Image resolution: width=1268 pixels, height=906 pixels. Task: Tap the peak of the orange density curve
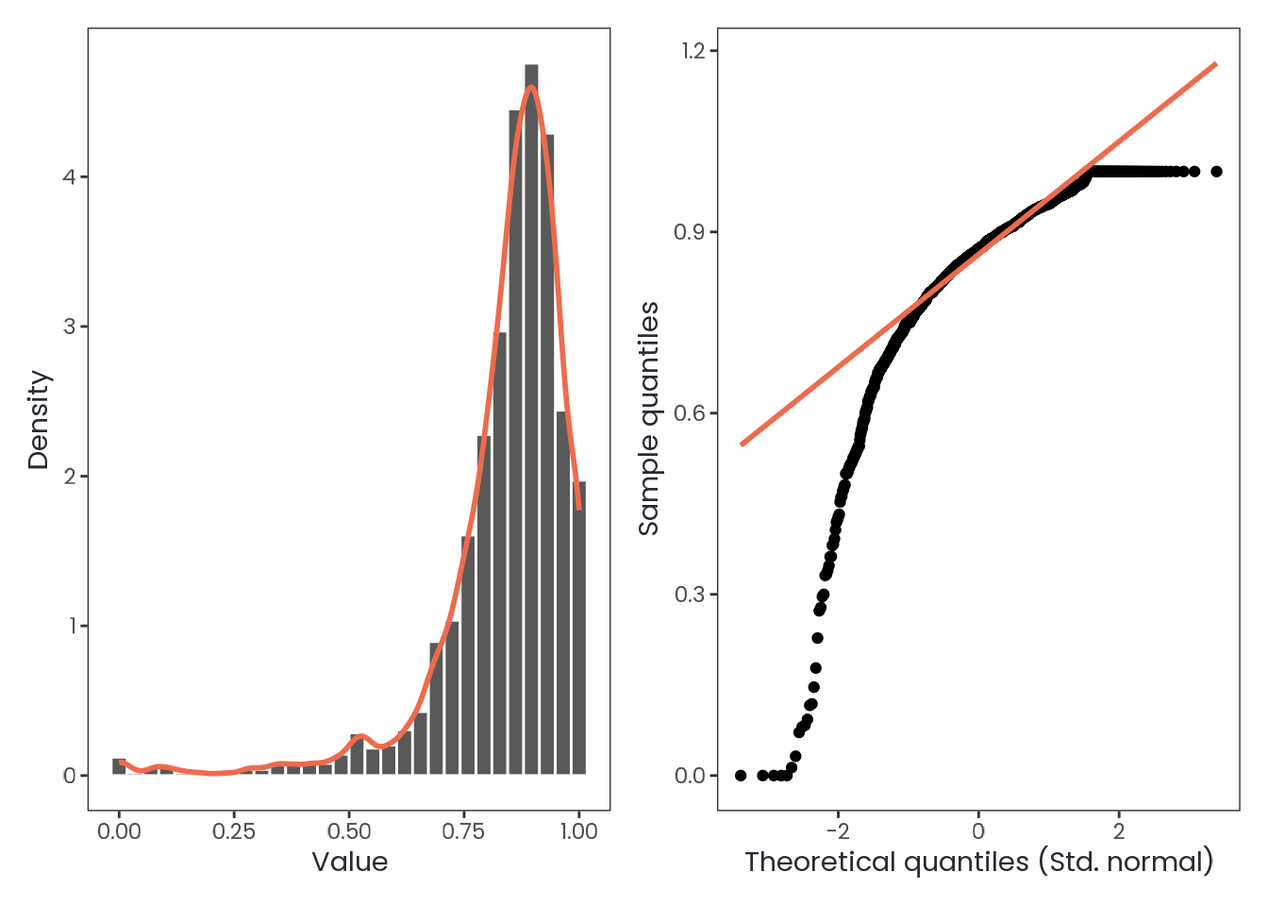point(532,88)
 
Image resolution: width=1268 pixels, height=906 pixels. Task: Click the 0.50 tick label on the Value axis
point(349,831)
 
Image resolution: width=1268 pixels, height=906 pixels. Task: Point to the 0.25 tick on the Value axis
point(234,831)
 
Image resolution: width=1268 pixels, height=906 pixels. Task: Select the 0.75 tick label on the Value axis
point(463,831)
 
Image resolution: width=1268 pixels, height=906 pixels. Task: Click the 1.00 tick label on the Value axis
point(578,831)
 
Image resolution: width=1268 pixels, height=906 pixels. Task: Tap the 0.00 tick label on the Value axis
point(119,831)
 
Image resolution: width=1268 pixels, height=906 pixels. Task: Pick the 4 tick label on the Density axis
point(69,177)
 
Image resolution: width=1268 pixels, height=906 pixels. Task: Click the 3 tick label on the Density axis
point(69,327)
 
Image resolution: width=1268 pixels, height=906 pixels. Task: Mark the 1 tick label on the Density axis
point(69,627)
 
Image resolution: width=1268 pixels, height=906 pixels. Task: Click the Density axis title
point(39,419)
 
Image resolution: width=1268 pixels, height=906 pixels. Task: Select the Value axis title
point(349,862)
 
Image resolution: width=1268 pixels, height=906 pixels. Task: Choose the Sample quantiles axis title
point(648,419)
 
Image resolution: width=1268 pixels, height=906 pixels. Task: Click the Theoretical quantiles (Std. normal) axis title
point(978,862)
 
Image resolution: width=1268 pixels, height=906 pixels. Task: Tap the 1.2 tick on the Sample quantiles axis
point(693,51)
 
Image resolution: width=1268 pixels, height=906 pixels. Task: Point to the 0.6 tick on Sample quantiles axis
point(693,413)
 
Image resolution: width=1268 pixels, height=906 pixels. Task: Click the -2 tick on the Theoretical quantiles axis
point(838,831)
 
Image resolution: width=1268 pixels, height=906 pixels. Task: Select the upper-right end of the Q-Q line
point(1216,64)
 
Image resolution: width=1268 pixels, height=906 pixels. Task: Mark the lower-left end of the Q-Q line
point(742,445)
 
